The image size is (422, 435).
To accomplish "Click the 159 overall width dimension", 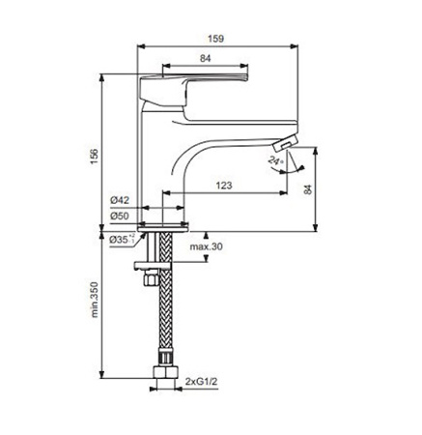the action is tap(215, 39).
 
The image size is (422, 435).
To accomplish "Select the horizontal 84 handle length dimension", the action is tap(206, 58).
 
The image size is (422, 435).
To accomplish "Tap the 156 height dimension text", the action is tap(94, 157).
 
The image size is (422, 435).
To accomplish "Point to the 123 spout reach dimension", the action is tap(224, 186).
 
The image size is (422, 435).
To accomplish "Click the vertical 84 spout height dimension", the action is tap(308, 189).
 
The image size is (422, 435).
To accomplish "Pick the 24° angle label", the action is tap(275, 160).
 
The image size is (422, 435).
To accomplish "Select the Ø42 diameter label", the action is tap(120, 200).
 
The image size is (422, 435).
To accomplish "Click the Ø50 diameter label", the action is tap(120, 216).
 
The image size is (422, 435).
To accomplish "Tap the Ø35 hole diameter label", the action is tap(122, 240).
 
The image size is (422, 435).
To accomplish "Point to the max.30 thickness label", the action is tap(206, 247).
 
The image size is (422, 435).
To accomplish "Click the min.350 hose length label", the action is tap(94, 300).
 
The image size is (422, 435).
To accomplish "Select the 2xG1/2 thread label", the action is tap(202, 382).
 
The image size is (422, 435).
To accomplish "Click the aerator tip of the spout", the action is tap(285, 142).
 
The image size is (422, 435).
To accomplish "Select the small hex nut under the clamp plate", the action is tap(151, 277).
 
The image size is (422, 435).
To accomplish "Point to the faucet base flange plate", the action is tap(163, 228).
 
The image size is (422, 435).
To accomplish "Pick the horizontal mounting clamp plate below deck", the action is tap(152, 266).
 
